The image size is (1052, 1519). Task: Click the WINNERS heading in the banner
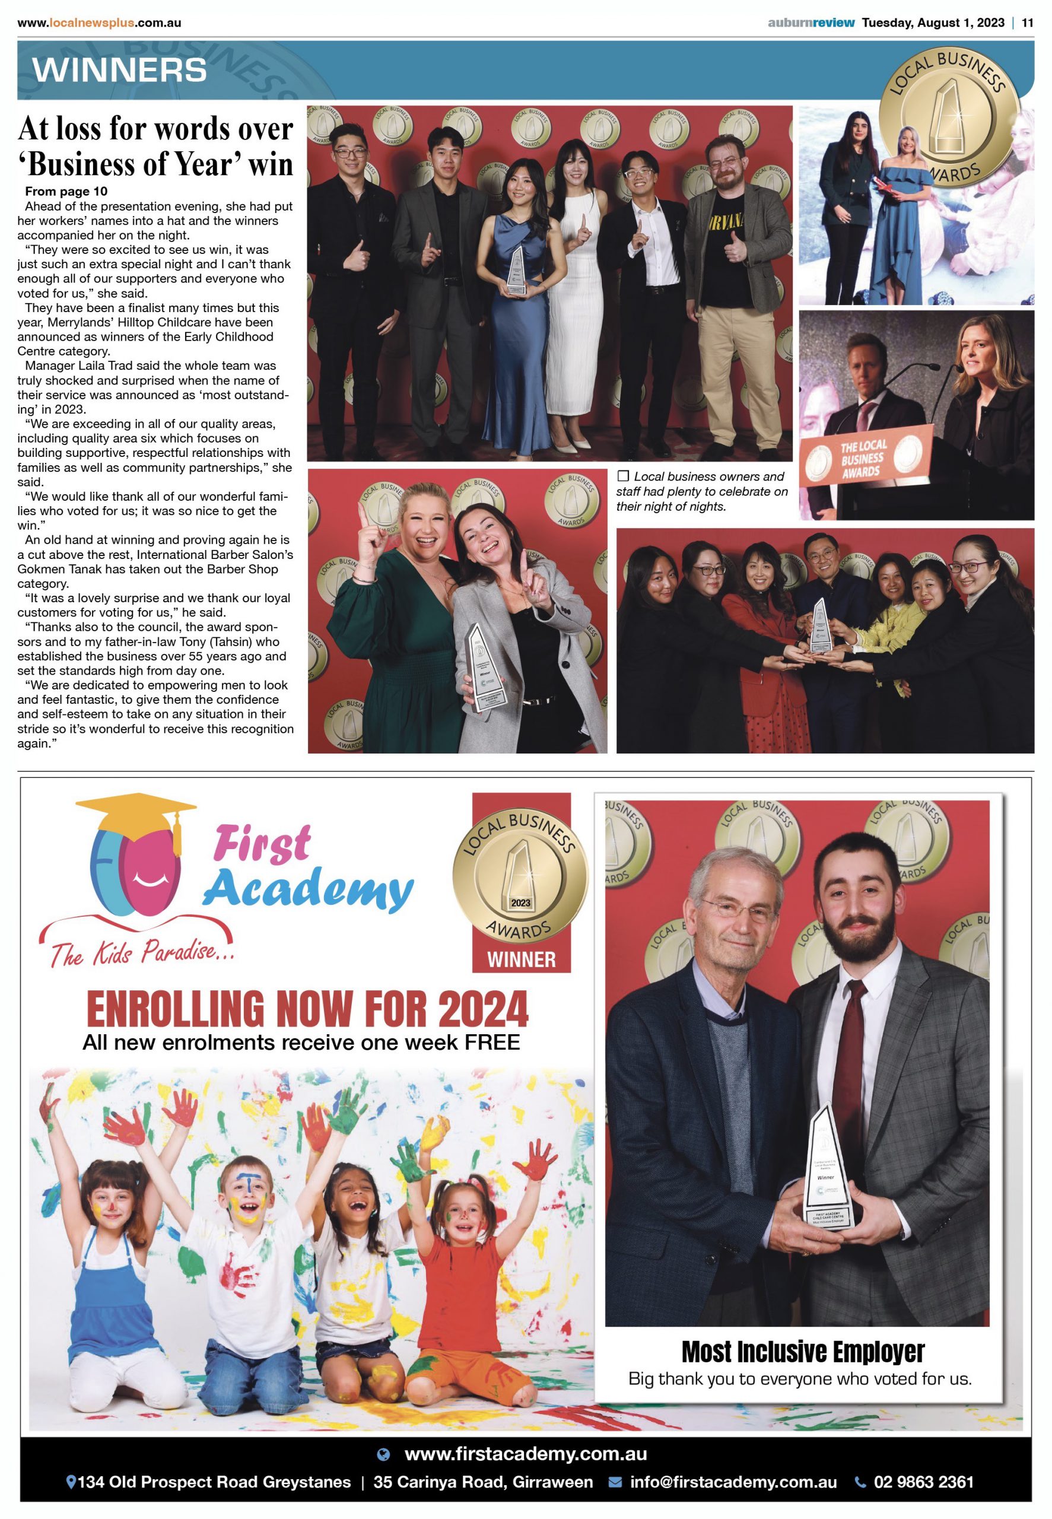[x=119, y=71]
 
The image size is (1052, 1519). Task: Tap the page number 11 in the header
[x=1027, y=23]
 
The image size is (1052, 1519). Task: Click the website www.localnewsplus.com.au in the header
[x=100, y=23]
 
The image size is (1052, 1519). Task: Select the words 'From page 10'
[x=66, y=192]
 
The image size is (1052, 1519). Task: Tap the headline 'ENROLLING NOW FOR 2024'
[x=307, y=1009]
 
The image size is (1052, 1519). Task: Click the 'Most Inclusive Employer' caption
[x=802, y=1352]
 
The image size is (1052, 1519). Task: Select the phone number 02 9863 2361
[x=923, y=1483]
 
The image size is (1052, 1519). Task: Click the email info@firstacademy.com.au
[x=733, y=1483]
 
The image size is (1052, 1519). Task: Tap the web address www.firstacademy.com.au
[x=525, y=1454]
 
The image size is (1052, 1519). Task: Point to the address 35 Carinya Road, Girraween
[x=483, y=1483]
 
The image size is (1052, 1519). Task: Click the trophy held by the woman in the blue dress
[x=516, y=271]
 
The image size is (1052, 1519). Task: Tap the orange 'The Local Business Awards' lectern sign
[x=863, y=457]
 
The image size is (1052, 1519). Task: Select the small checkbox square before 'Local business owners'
[x=623, y=476]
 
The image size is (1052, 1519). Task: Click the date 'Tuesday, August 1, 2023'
[x=933, y=23]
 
